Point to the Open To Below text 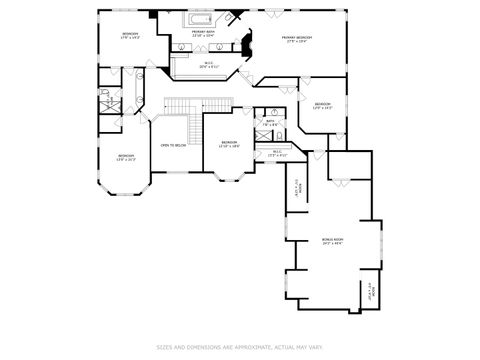pos(174,146)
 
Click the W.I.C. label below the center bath pos(277,153)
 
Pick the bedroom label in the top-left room pos(130,35)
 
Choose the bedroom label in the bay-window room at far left pos(125,156)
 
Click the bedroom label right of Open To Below pos(229,143)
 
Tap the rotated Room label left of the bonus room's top pos(296,187)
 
